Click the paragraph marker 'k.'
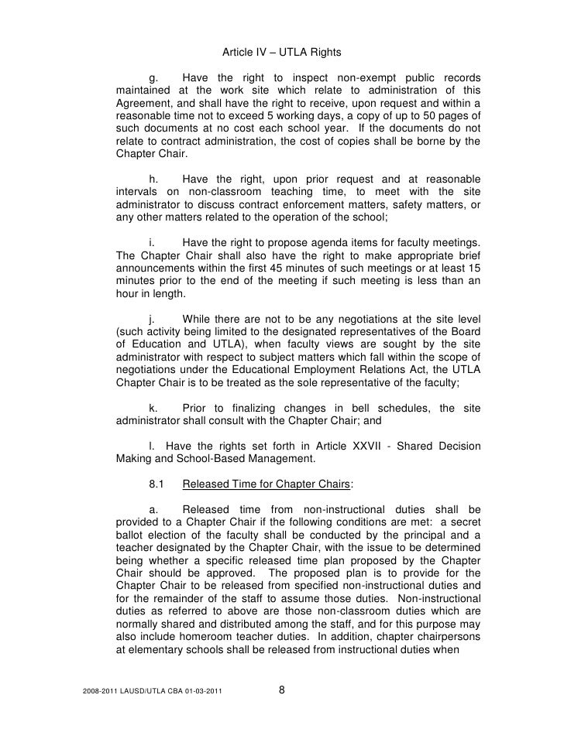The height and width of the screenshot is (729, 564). point(153,407)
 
